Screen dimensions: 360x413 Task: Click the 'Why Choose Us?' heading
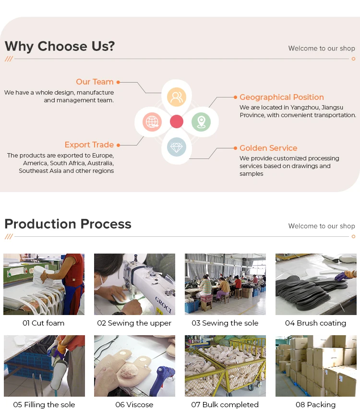tap(60, 47)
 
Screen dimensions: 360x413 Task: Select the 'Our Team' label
tap(95, 82)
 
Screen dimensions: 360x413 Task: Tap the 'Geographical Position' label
tap(281, 97)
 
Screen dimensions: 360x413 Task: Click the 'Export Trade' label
tap(89, 145)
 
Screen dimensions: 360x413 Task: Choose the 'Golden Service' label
tap(268, 148)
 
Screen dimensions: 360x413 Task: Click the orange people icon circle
tap(177, 97)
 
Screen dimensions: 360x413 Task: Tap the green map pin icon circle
tap(201, 121)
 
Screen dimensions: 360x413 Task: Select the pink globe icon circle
tap(152, 121)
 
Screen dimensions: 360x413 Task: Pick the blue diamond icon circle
tap(177, 146)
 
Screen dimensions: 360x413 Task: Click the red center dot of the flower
tap(177, 121)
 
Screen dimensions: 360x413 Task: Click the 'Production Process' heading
tap(68, 224)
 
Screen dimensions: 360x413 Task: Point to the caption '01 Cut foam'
tap(43, 323)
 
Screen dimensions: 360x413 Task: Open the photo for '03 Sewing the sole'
tap(225, 284)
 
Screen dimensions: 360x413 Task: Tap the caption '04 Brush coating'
tap(315, 323)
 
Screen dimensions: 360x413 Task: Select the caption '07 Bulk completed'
tap(225, 405)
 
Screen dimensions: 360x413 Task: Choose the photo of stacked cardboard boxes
tap(315, 366)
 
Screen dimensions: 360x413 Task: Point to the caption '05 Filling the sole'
tap(44, 405)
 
